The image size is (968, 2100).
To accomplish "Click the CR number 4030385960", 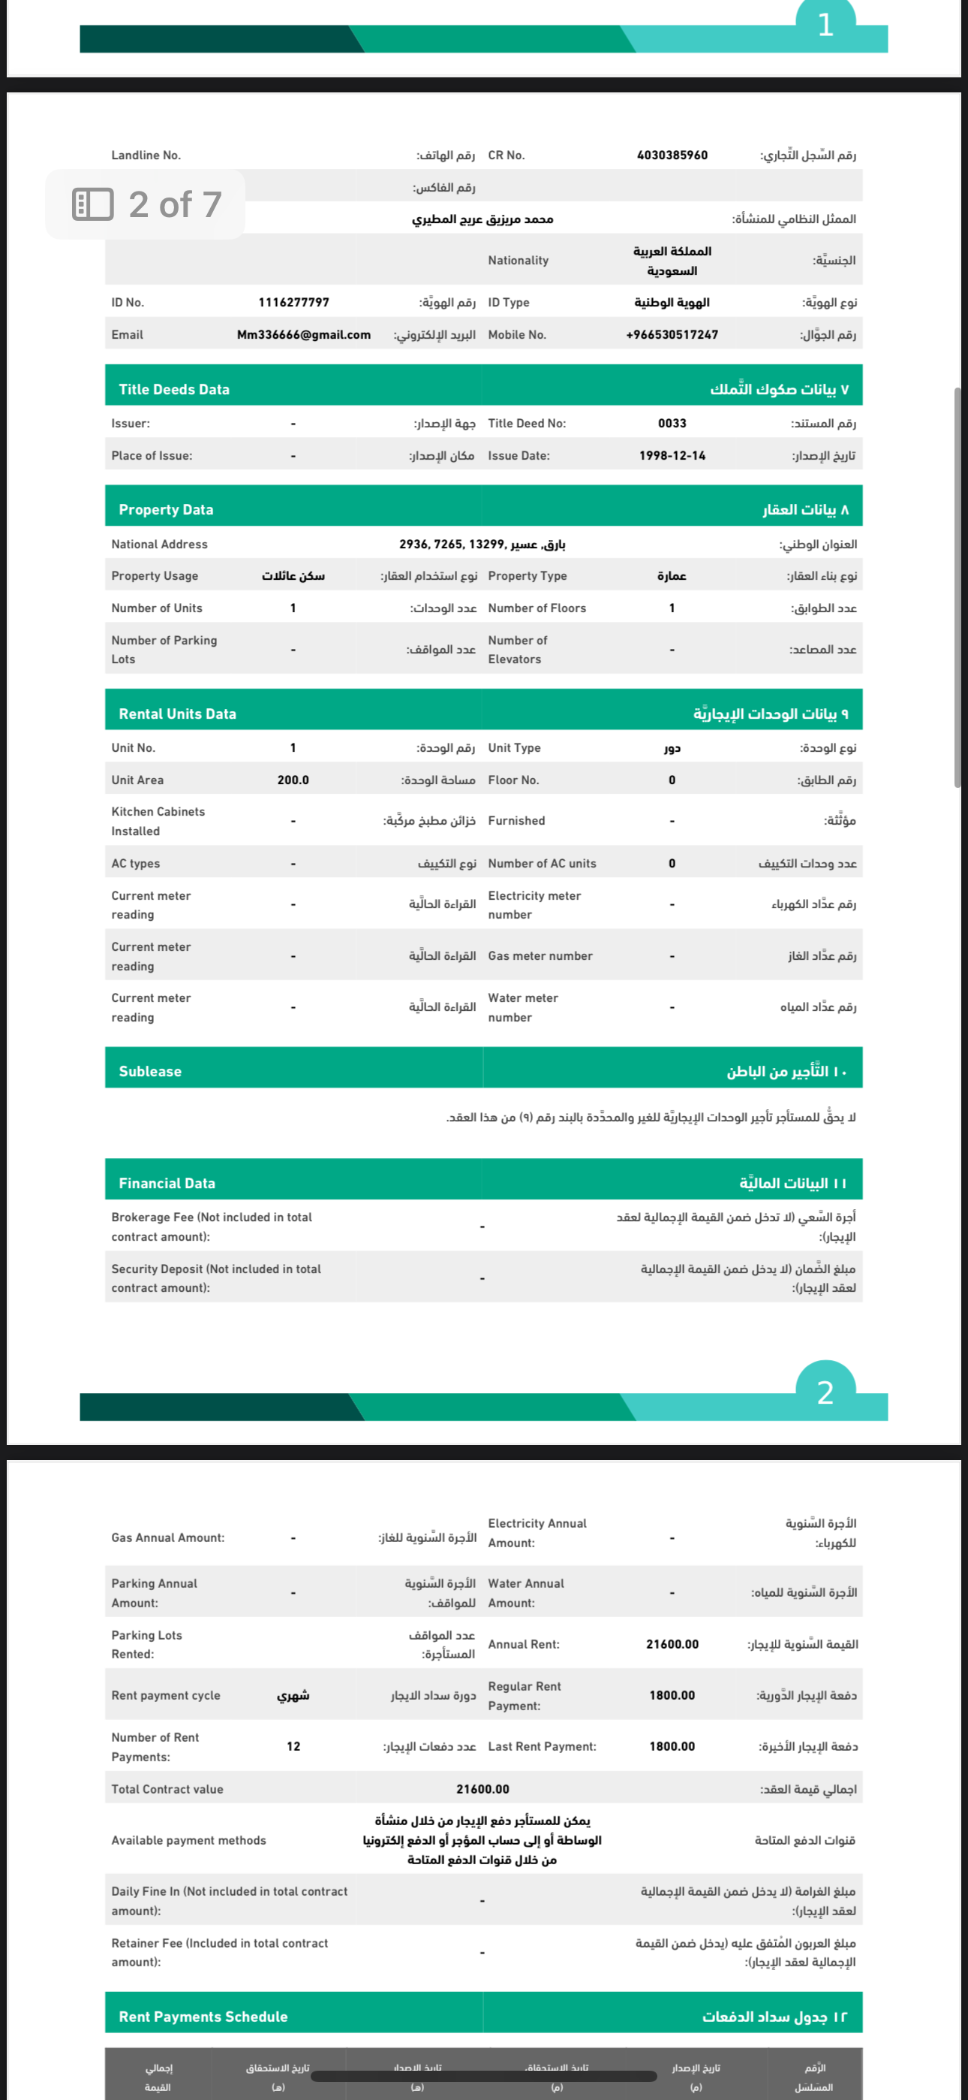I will pyautogui.click(x=672, y=155).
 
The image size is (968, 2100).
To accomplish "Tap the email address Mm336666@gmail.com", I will pyautogui.click(x=303, y=334).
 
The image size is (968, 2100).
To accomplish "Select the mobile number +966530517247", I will pyautogui.click(x=672, y=334).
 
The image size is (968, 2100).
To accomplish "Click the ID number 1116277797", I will pyautogui.click(x=293, y=303).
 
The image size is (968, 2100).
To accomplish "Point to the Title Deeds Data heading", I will pyautogui.click(x=174, y=390).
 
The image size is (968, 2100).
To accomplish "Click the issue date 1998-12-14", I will pyautogui.click(x=672, y=456).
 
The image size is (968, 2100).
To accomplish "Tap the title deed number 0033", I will pyautogui.click(x=672, y=423).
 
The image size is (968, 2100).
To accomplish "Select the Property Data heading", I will pyautogui.click(x=167, y=509).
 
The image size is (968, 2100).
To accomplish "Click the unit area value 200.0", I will pyautogui.click(x=293, y=780).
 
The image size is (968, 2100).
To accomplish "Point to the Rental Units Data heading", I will pyautogui.click(x=178, y=714).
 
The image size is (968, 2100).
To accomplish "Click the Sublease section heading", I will pyautogui.click(x=150, y=1071).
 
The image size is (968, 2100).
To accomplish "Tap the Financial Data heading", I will pyautogui.click(x=167, y=1183).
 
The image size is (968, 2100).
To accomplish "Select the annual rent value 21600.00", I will pyautogui.click(x=672, y=1644).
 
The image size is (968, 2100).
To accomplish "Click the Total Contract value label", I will pyautogui.click(x=167, y=1789).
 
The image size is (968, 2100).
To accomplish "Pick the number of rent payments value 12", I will pyautogui.click(x=293, y=1746).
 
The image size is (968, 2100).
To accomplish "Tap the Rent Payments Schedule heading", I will pyautogui.click(x=203, y=2016).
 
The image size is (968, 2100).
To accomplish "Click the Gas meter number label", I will pyautogui.click(x=540, y=955).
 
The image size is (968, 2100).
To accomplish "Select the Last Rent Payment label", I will pyautogui.click(x=542, y=1746).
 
